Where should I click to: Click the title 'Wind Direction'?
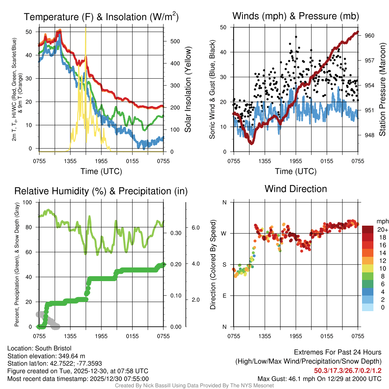point(296,189)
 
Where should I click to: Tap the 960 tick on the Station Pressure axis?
point(370,36)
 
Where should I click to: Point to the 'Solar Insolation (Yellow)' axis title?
point(188,90)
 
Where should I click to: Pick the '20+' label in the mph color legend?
point(382,229)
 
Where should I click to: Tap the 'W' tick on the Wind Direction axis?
point(225,233)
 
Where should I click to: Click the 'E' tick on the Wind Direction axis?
point(225,296)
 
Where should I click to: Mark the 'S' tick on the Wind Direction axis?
point(225,264)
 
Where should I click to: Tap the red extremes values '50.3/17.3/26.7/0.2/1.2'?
point(348,370)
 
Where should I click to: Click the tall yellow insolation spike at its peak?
point(86,28)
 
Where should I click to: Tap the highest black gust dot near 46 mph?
point(296,37)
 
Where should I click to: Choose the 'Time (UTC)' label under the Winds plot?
point(296,171)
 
